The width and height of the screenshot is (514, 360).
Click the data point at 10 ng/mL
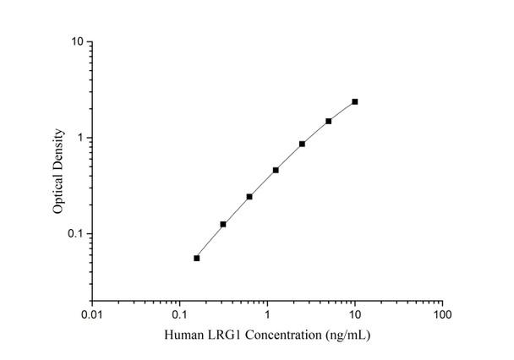355,101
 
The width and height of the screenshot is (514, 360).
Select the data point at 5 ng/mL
328,121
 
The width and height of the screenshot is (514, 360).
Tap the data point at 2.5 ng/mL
302,144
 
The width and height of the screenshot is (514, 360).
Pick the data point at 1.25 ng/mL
276,170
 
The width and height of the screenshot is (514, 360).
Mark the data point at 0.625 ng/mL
249,197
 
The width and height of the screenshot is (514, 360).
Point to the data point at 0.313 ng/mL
223,224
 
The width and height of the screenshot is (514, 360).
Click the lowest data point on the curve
197,258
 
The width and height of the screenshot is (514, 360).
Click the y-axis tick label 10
76,41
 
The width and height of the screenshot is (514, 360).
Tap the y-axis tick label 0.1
75,234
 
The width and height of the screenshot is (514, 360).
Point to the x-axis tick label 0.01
92,315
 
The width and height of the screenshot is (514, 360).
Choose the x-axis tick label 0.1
179,315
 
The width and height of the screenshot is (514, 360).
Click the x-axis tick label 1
267,315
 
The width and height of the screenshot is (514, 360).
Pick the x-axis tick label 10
355,315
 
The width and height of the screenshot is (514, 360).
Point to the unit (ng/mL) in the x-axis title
347,335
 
